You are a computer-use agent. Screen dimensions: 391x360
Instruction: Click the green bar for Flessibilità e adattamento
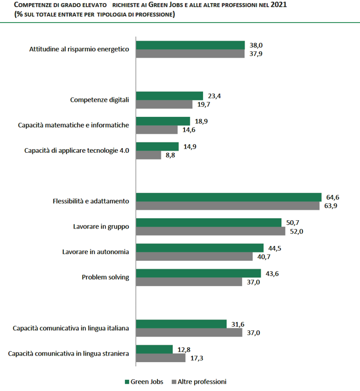click(228, 198)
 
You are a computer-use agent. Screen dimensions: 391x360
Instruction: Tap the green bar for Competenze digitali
click(170, 96)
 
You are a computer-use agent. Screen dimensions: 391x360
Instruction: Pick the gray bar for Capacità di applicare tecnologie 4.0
click(149, 155)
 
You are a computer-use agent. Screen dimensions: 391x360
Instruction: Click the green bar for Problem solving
click(199, 273)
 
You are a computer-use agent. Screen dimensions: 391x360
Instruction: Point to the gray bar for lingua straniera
click(160, 358)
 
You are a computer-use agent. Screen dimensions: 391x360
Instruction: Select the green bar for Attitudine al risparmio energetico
click(190, 45)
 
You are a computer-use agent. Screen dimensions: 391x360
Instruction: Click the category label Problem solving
click(105, 277)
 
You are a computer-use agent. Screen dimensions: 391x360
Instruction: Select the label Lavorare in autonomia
click(95, 252)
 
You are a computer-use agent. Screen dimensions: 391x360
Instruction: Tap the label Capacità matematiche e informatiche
click(73, 125)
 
